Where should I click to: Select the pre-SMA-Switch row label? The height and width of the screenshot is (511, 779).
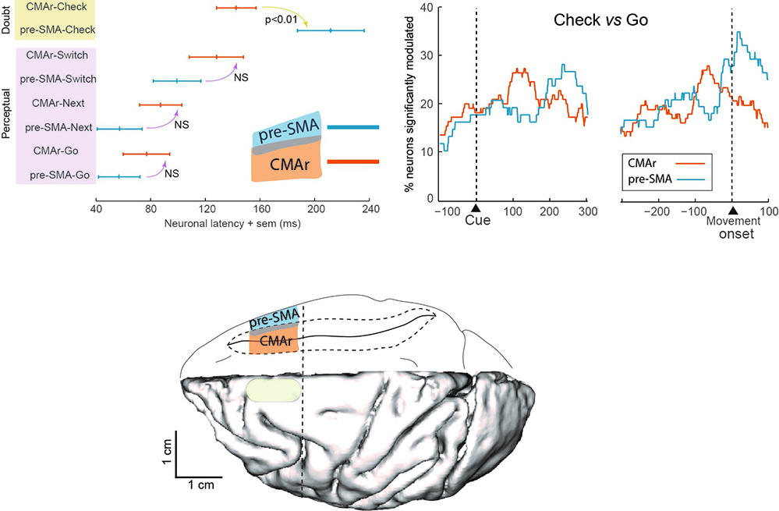[x=58, y=79]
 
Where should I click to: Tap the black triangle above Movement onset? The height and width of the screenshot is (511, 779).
[x=731, y=211]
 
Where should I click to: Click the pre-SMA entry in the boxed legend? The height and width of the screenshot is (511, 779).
[x=652, y=179]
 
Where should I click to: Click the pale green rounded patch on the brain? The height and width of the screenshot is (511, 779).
[x=272, y=390]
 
